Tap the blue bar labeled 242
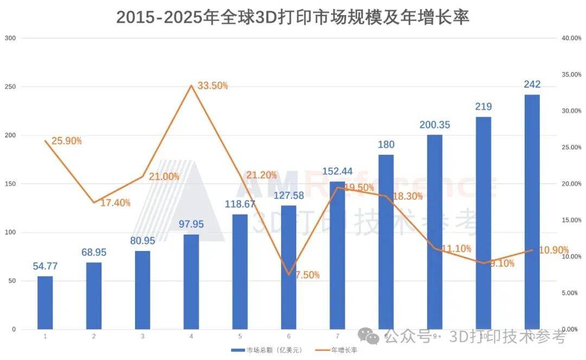point(532,212)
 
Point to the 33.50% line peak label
point(212,86)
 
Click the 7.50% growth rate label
point(307,275)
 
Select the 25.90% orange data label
point(66,141)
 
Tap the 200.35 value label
point(435,125)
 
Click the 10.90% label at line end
point(553,251)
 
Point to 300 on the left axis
point(10,38)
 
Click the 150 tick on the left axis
point(10,184)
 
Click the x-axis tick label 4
point(191,337)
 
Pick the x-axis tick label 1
point(45,337)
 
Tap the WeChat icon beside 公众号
point(372,338)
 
